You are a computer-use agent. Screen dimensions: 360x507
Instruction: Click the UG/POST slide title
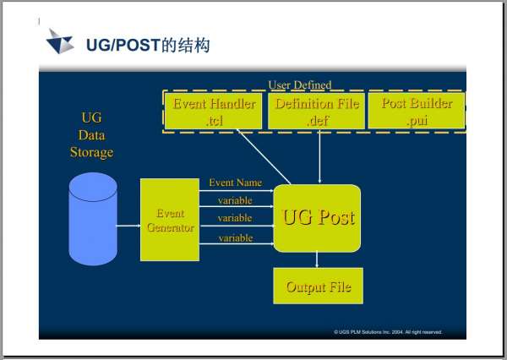click(149, 44)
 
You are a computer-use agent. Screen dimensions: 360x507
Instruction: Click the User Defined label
click(299, 85)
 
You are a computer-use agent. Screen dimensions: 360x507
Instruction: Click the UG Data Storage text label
click(91, 135)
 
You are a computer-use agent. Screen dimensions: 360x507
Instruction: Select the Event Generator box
click(169, 220)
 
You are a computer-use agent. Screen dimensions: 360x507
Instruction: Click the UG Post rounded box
click(318, 218)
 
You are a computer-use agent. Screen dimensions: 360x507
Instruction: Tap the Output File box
click(318, 286)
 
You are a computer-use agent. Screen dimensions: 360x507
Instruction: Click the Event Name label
click(235, 182)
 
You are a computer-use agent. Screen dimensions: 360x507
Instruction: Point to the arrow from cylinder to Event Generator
click(128, 226)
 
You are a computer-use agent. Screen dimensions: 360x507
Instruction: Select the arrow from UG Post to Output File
click(317, 259)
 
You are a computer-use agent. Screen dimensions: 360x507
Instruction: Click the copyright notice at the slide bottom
click(388, 332)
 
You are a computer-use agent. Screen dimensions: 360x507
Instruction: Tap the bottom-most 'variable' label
click(236, 238)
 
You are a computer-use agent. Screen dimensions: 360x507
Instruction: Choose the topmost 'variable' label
click(236, 199)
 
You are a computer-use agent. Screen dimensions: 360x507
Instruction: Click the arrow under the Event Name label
click(237, 190)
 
